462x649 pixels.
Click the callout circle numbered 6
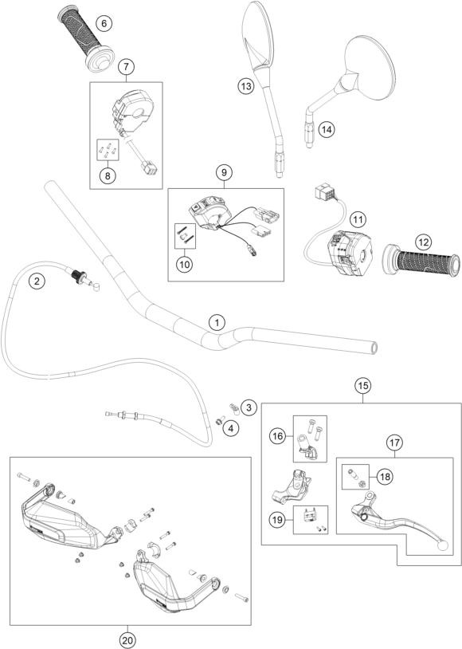pos(104,23)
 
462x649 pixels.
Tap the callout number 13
pos(245,86)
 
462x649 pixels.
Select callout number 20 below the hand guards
pos(127,640)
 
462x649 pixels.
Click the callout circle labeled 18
pos(385,477)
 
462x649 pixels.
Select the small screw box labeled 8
pos(108,150)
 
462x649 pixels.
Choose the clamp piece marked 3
pos(234,407)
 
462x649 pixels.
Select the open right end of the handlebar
pos(374,348)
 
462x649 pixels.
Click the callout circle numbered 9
pos(224,171)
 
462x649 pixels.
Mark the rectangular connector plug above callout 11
pos(324,193)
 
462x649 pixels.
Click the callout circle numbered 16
pos(278,436)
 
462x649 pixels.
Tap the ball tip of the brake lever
pos(443,546)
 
